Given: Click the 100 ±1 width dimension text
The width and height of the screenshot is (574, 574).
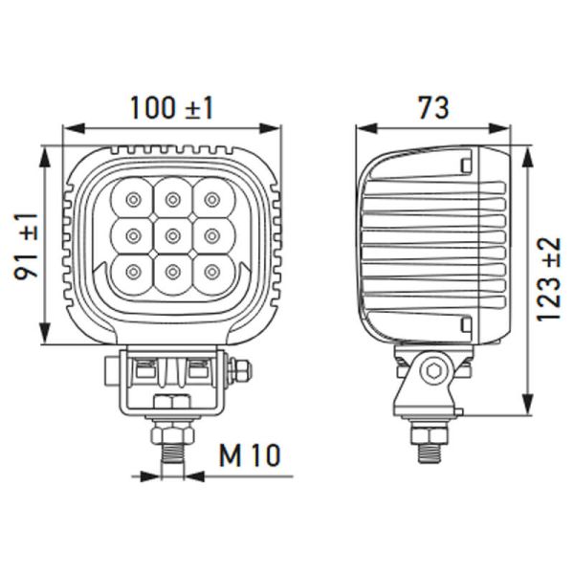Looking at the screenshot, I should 172,108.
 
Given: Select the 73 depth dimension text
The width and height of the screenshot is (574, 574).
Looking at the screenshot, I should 431,107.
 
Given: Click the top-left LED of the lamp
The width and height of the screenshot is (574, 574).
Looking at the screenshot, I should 131,199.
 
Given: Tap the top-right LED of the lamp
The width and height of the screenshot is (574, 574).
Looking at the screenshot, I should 211,199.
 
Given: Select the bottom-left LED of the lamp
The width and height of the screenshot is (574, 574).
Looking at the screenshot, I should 131,274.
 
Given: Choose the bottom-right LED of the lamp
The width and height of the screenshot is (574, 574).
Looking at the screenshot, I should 211,274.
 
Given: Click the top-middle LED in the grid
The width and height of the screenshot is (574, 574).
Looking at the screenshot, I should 172,199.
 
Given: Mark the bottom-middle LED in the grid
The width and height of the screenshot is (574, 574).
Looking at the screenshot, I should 172,275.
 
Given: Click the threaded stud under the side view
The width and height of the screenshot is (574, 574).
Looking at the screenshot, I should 426,445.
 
